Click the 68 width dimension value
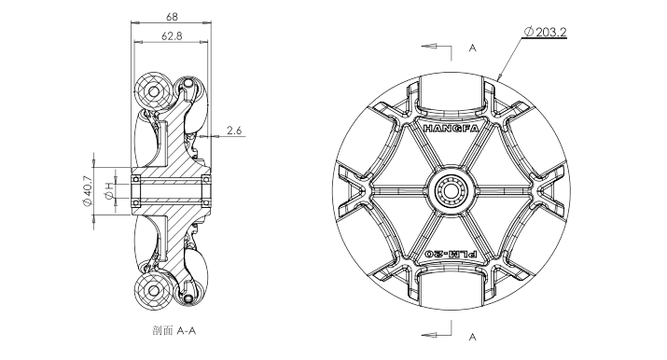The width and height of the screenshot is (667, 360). [x=172, y=17]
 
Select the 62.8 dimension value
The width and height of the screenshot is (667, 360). [x=172, y=36]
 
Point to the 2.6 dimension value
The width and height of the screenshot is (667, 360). [x=233, y=131]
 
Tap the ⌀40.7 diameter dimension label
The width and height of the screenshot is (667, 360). [x=87, y=191]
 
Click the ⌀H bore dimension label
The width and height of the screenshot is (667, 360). [x=110, y=190]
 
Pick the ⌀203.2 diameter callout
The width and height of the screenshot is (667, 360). [x=546, y=32]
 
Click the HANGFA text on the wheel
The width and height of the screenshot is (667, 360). [x=451, y=129]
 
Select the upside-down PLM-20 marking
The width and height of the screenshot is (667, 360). [x=451, y=255]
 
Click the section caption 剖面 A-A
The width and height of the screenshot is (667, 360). [x=174, y=331]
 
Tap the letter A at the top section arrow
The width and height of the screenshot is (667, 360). [x=472, y=48]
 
